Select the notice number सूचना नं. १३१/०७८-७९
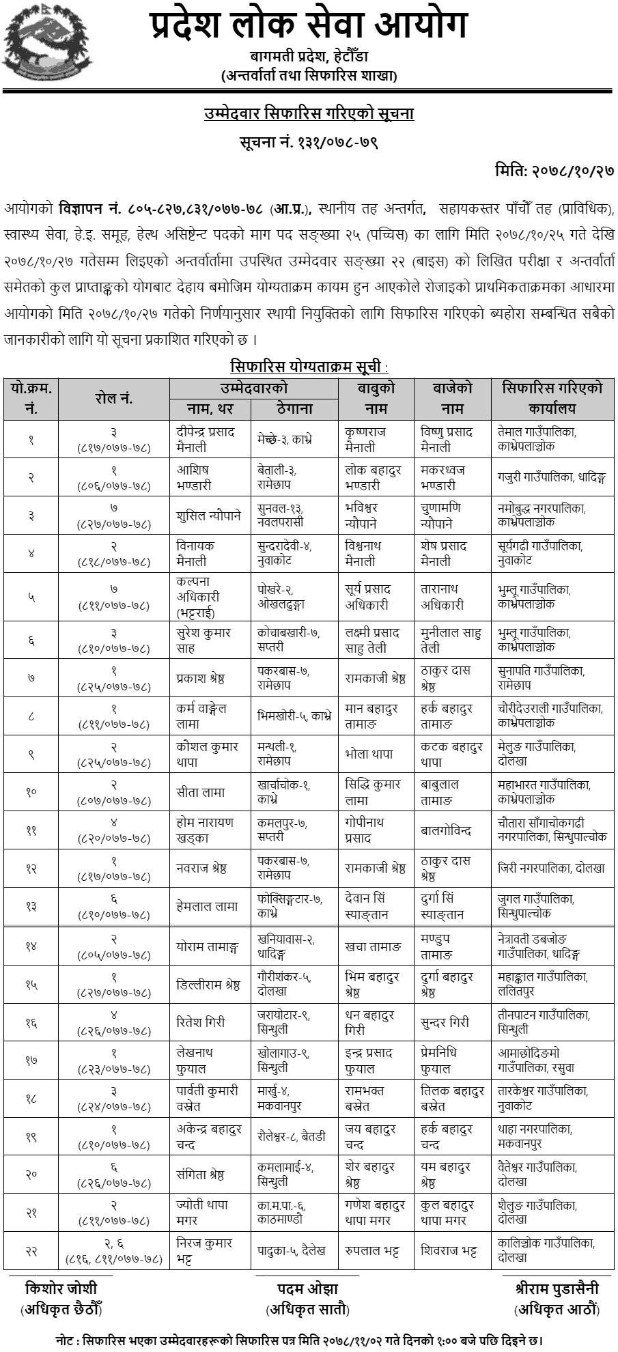[309, 143]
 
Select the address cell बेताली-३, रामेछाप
[277, 477]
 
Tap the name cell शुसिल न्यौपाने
[208, 516]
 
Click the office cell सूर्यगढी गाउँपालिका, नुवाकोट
[540, 553]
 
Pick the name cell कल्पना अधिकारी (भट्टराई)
[203, 596]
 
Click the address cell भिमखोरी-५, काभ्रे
[294, 716]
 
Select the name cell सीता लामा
[200, 792]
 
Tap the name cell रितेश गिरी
[200, 1022]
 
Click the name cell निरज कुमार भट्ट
[203, 1250]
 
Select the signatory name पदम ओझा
[307, 1288]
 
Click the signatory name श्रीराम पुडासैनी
[557, 1288]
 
